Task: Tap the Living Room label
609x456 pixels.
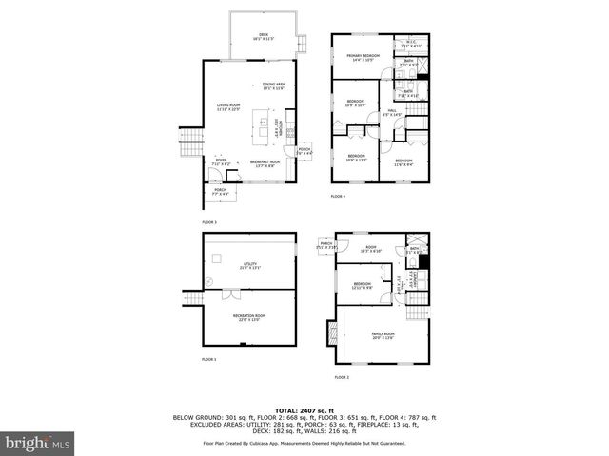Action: click(x=228, y=106)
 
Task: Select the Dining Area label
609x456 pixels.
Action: click(x=275, y=86)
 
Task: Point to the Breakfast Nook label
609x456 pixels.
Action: click(x=265, y=163)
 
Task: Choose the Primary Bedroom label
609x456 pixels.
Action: click(x=363, y=57)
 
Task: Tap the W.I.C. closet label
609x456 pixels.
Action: click(x=411, y=44)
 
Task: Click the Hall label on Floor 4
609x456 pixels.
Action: click(x=391, y=112)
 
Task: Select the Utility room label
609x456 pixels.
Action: click(x=250, y=268)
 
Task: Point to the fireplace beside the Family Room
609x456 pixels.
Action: click(x=332, y=335)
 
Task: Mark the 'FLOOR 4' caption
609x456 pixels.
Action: click(x=338, y=197)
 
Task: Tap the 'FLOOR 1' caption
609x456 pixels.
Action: click(x=209, y=360)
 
